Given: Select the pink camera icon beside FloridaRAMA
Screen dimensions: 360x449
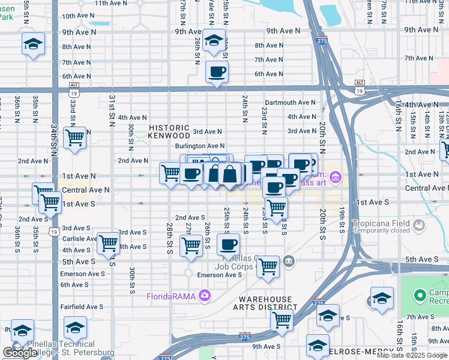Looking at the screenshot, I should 204,295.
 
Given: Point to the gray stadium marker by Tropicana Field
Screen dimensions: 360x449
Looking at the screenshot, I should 418,226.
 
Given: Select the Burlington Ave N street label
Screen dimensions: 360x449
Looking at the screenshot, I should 200,146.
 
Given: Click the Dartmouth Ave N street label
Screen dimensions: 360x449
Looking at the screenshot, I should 291,103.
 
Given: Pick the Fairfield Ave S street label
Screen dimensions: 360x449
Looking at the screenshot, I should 83,307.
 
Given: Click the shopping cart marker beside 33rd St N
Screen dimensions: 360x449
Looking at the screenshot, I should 75,137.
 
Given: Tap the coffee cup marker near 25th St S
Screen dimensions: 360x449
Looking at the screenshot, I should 228,244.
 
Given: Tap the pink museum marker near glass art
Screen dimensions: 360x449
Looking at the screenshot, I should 336,177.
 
